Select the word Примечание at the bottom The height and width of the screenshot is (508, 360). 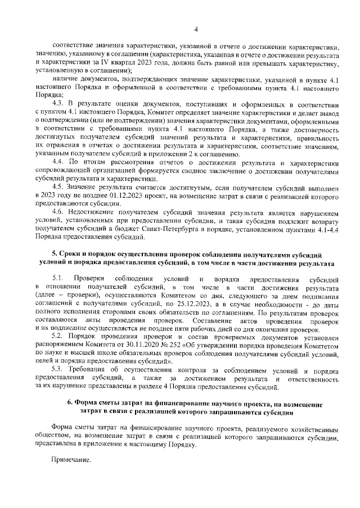[x=70, y=459]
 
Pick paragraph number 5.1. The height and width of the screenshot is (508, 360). [x=58, y=279]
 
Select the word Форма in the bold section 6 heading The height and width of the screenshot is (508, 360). [x=88, y=404]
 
